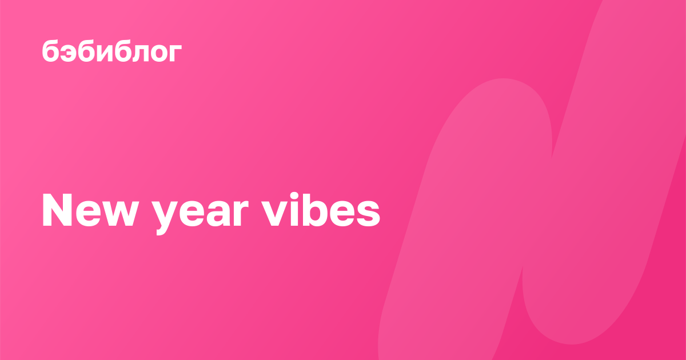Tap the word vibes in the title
(x=321, y=210)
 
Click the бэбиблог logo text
(x=112, y=51)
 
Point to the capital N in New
(x=57, y=210)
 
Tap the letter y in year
(x=165, y=218)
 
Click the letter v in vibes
(x=274, y=214)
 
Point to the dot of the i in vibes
(x=294, y=196)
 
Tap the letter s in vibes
(x=369, y=214)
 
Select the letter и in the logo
(x=106, y=53)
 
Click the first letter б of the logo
(x=50, y=51)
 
